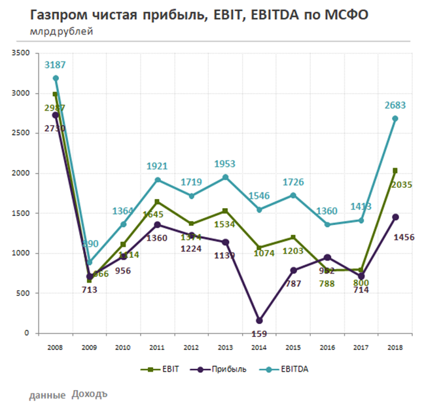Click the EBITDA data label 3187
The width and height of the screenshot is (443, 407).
(x=56, y=65)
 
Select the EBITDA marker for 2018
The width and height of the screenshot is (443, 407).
(x=395, y=118)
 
